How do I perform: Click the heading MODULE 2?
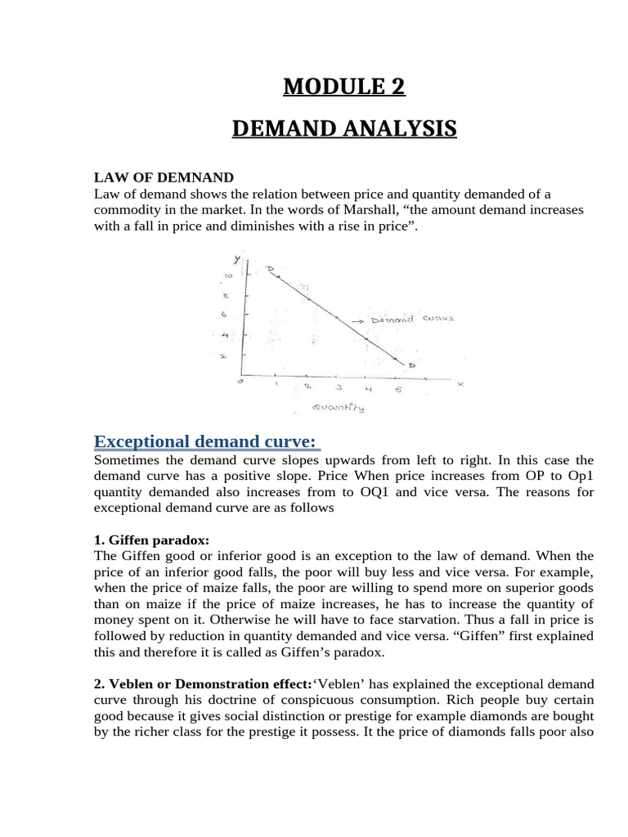coord(343,86)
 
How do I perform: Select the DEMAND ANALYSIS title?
coord(343,129)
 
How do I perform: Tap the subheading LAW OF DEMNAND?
coord(164,177)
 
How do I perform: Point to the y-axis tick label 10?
coord(228,276)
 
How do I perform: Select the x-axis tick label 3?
coord(337,387)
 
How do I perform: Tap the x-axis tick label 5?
coord(398,389)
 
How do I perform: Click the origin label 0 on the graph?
coord(240,382)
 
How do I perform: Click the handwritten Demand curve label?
coord(412,320)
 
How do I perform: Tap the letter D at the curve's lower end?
coord(411,366)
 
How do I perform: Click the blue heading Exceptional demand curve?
coord(205,442)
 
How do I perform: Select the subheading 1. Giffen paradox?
coord(151,540)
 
